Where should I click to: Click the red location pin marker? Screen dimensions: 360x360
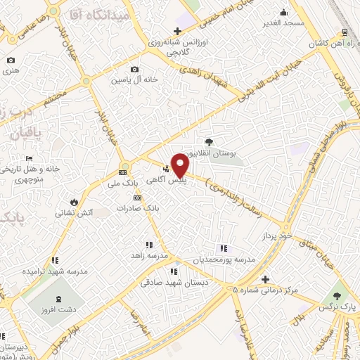(x=180, y=166)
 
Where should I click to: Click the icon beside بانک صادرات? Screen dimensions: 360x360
(x=137, y=198)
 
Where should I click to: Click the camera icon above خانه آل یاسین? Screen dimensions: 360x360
(x=135, y=69)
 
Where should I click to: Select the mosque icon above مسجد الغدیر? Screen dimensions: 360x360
(x=283, y=12)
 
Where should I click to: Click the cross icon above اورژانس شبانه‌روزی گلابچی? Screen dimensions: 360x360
(x=178, y=31)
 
